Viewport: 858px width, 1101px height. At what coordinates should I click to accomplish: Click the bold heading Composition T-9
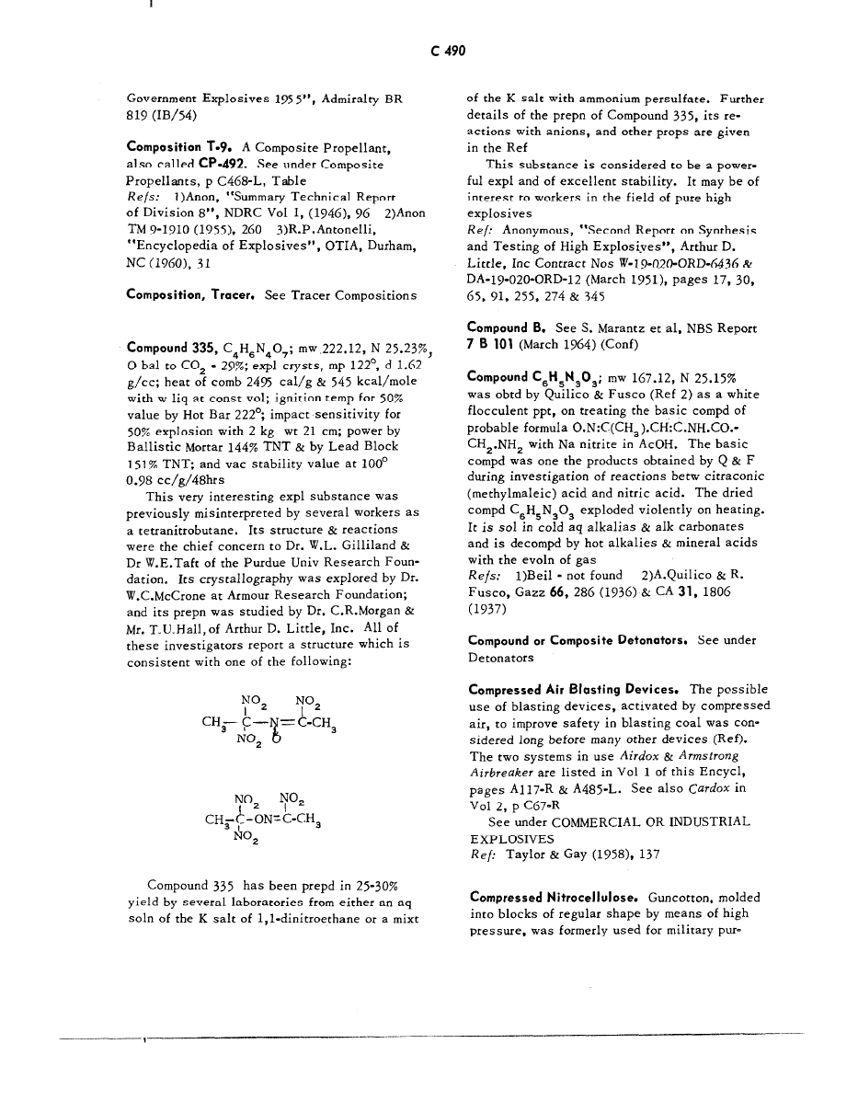[x=179, y=147]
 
